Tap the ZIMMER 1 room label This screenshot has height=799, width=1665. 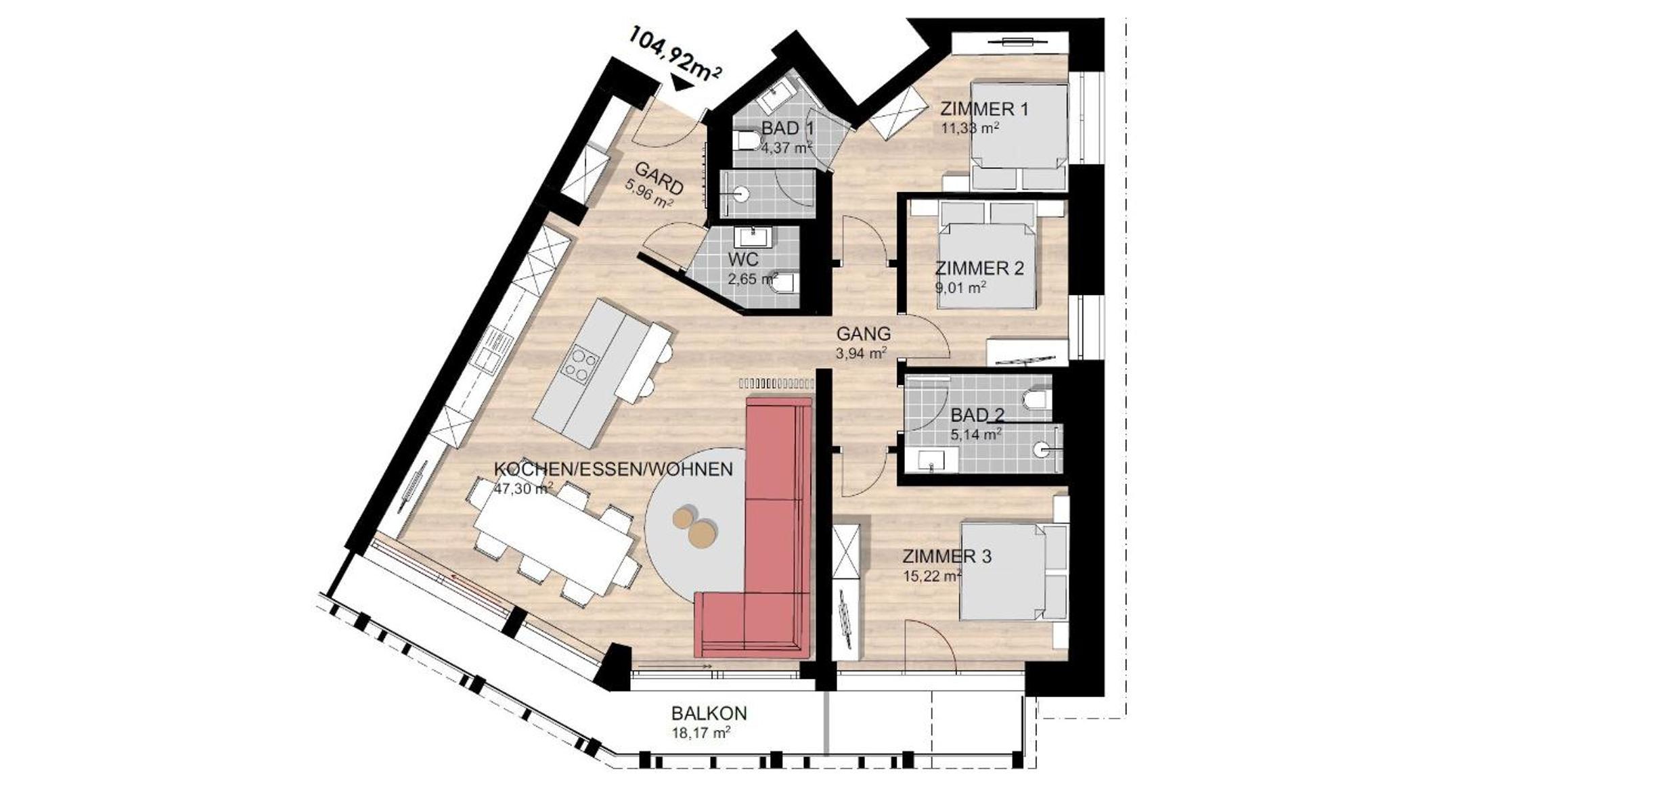tap(984, 109)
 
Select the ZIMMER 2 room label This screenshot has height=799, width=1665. tap(979, 269)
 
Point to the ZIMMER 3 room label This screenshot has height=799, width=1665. tap(947, 557)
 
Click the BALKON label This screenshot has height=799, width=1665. tap(709, 713)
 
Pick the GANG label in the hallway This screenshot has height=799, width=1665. tap(864, 334)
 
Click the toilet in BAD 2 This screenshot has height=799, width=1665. tap(1036, 398)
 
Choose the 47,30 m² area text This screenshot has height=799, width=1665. tap(523, 488)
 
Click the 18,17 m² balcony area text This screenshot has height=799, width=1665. tap(701, 732)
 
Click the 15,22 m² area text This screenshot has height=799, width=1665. tap(933, 576)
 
